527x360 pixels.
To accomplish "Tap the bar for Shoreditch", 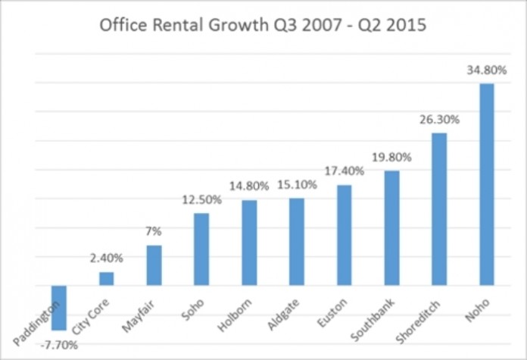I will click(439, 209).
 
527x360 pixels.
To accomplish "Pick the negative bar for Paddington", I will click(59, 308).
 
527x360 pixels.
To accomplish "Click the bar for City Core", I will click(107, 279).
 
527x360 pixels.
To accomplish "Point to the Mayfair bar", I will click(154, 265).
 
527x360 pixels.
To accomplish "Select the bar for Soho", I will click(201, 249).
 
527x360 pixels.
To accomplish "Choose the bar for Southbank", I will click(391, 228).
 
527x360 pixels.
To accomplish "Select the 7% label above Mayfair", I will click(154, 230).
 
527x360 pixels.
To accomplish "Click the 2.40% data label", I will click(107, 258).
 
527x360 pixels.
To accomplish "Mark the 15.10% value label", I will click(297, 184).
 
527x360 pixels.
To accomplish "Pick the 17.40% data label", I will click(345, 171).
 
